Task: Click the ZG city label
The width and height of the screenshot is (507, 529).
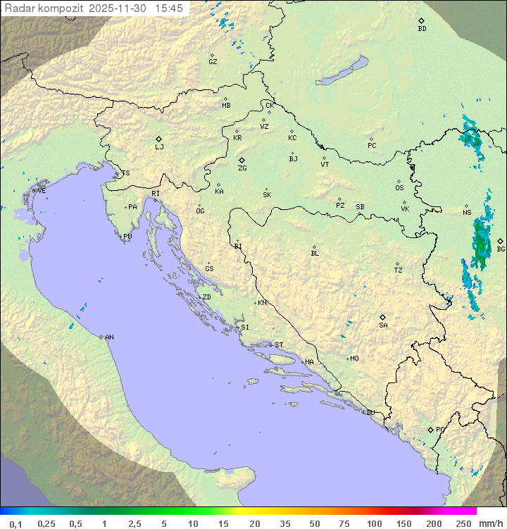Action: [242, 169]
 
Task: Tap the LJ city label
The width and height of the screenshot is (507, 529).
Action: [159, 147]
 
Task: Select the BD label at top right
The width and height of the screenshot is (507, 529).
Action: [422, 29]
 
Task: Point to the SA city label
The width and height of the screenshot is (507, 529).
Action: [383, 325]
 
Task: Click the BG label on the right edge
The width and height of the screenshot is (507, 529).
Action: [501, 249]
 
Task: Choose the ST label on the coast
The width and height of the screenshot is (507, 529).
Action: [279, 345]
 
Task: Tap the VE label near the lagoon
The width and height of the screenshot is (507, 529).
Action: [42, 191]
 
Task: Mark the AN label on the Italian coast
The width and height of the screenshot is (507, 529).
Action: [109, 337]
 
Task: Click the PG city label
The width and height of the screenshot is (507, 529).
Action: [440, 429]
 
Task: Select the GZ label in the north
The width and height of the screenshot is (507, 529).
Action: [213, 62]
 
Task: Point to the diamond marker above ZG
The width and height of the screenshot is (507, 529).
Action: [242, 160]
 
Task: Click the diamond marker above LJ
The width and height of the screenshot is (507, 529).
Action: [159, 139]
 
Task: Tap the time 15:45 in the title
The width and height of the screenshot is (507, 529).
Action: [170, 8]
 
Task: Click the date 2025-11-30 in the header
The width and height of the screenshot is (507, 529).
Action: [120, 8]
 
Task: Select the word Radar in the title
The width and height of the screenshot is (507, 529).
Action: [18, 8]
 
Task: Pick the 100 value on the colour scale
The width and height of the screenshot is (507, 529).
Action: [374, 523]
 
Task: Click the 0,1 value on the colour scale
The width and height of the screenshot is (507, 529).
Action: [15, 523]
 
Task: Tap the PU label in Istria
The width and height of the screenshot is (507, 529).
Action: [127, 237]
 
